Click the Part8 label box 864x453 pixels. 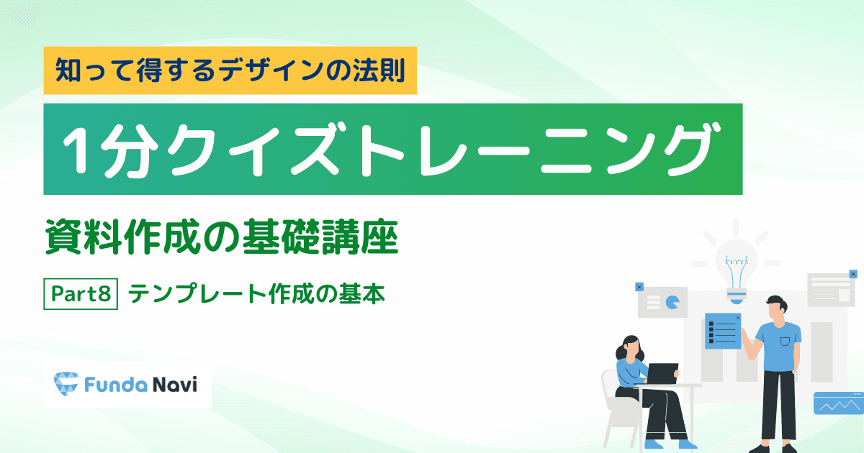click(x=81, y=294)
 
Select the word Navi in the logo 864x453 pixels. click(x=175, y=385)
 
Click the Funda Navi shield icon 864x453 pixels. click(x=66, y=384)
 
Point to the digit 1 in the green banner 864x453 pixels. click(x=78, y=150)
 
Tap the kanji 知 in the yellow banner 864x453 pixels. click(x=68, y=70)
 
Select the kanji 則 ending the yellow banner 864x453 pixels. click(x=392, y=70)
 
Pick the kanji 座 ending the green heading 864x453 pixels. click(x=379, y=237)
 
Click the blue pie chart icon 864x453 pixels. click(x=672, y=303)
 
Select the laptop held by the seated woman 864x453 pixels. click(x=662, y=374)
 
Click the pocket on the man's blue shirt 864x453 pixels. click(x=785, y=342)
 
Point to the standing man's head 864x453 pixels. click(x=776, y=311)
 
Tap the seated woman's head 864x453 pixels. click(x=631, y=347)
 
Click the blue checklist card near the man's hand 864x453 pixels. click(x=723, y=331)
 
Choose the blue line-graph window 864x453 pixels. click(x=839, y=403)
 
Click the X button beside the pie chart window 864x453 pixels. click(x=639, y=287)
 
